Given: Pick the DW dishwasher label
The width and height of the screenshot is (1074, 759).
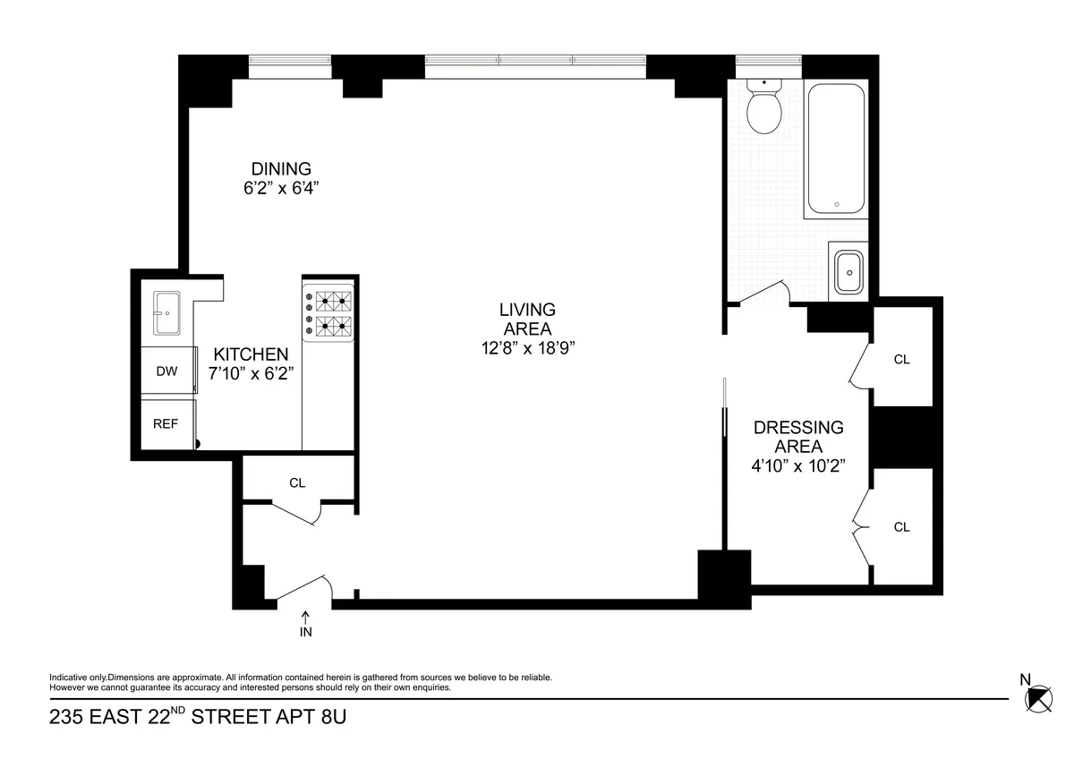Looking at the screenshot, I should tap(166, 371).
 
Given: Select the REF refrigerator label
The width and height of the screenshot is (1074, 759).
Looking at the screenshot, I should tap(166, 424).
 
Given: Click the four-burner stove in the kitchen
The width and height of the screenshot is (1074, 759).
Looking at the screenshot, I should tap(328, 313).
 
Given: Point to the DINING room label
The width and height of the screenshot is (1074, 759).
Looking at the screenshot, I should tap(280, 168).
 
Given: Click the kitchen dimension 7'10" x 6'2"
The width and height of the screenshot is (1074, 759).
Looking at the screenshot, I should tap(251, 374).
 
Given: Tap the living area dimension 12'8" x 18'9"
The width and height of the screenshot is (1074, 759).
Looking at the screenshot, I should tap(527, 347).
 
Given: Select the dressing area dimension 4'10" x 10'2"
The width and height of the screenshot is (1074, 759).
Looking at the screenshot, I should tap(798, 465).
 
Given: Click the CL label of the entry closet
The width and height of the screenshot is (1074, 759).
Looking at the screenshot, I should tap(297, 482).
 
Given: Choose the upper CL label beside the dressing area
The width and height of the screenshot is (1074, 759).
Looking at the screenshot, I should tap(901, 359).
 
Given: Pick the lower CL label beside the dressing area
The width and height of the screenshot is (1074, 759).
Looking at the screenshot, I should tap(901, 527).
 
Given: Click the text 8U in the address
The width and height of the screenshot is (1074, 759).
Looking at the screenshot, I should tap(328, 718).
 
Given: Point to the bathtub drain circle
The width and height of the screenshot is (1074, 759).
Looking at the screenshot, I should tap(836, 204).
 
